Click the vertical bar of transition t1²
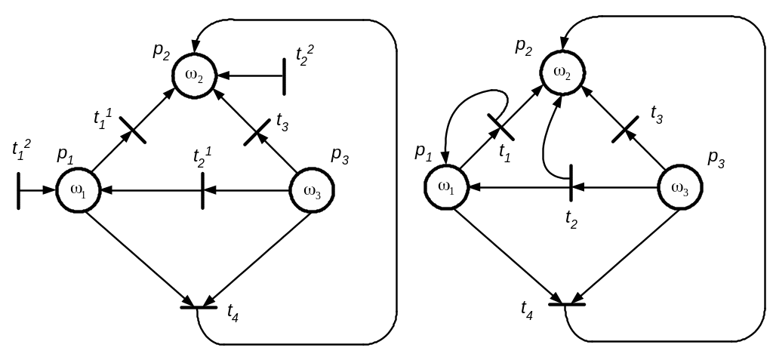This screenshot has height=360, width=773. click(x=18, y=189)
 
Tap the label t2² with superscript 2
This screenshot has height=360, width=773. click(x=305, y=54)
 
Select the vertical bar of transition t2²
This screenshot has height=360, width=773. click(x=285, y=76)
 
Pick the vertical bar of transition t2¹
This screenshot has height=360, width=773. click(x=202, y=190)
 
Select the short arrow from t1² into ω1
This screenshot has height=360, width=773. click(x=38, y=190)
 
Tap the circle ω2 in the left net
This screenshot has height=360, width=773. click(x=196, y=75)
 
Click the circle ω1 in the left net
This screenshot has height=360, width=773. click(x=79, y=190)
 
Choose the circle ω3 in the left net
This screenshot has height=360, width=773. click(x=313, y=191)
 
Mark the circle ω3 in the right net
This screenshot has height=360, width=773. click(x=680, y=188)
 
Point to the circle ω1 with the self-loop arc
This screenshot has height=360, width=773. click(x=446, y=186)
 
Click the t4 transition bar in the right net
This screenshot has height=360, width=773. click(x=566, y=303)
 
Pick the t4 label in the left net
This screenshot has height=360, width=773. click(x=233, y=313)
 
